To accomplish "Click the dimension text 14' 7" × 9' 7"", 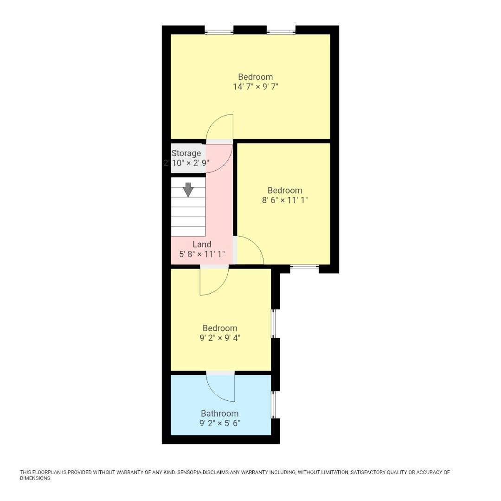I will [x=255, y=87].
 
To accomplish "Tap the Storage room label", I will [x=186, y=153].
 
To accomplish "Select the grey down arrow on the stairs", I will [x=188, y=189].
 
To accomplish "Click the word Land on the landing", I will [x=202, y=244].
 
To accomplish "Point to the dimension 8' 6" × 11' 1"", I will [x=285, y=200].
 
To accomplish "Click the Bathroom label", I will [x=219, y=413].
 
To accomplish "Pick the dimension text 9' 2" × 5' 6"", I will [x=219, y=423].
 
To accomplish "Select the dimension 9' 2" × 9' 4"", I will [x=219, y=338].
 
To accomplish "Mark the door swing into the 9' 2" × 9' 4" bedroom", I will [x=215, y=282].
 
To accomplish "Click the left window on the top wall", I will [x=219, y=32].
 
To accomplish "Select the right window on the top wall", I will [x=281, y=32].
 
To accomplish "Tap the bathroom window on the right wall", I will [x=273, y=405].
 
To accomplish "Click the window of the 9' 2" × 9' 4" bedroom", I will [x=273, y=323].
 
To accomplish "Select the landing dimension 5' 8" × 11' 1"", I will [x=202, y=254].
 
